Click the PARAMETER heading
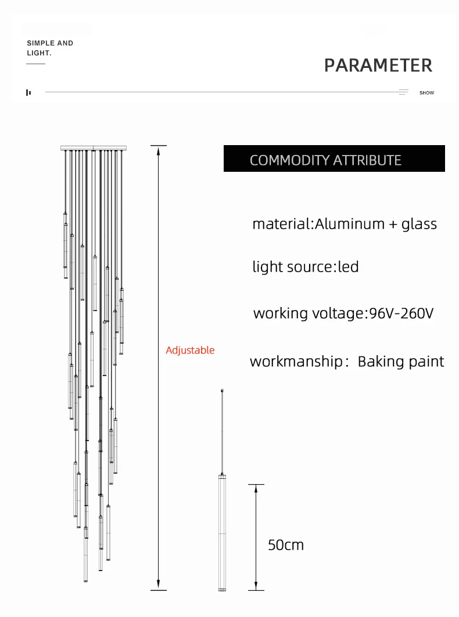378,65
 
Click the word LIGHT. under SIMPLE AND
40,53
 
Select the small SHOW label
426,93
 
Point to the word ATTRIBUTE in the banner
365,160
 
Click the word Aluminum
350,224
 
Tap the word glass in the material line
419,224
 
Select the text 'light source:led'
306,267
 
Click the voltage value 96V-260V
401,314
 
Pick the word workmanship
296,362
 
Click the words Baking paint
401,362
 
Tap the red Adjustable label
190,350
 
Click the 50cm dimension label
286,545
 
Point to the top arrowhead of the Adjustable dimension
159,149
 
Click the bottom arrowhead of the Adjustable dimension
159,586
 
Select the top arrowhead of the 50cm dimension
256,488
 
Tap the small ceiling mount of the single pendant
222,391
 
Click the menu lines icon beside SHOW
404,92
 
